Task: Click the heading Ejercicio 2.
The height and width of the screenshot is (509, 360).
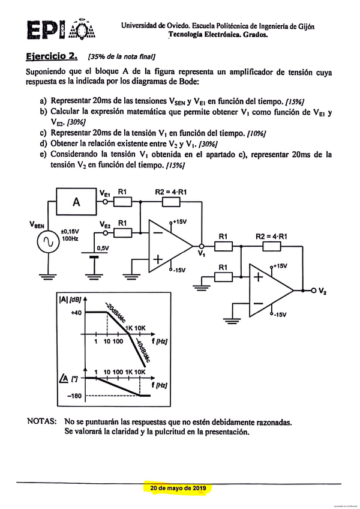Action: [52, 56]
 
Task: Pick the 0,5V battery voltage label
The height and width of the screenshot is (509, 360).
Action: [103, 247]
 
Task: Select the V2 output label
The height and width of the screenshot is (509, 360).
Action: [323, 291]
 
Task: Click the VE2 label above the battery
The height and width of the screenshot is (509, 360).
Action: [105, 225]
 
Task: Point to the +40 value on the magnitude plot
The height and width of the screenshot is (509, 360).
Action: [74, 312]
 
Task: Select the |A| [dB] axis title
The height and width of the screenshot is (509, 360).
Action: [70, 299]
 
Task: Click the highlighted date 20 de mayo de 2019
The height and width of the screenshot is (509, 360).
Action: [178, 488]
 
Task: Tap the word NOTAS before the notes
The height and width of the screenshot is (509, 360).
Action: [41, 422]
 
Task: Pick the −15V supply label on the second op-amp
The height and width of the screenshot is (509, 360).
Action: [280, 315]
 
